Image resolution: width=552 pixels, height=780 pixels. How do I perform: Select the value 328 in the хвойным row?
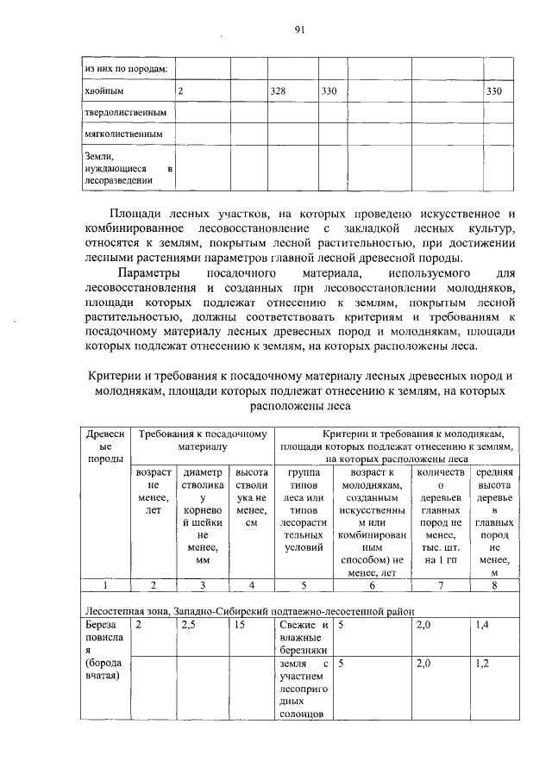pyautogui.click(x=278, y=90)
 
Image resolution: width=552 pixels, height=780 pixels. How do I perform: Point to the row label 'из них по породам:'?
pyautogui.click(x=125, y=67)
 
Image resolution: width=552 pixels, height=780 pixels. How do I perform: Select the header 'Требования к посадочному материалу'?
pyautogui.click(x=202, y=440)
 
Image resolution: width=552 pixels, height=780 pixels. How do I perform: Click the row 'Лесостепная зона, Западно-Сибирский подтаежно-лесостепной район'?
pyautogui.click(x=249, y=610)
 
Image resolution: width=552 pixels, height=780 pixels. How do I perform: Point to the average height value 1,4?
pyautogui.click(x=481, y=625)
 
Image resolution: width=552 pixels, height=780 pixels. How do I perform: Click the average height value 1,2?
pyautogui.click(x=481, y=665)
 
